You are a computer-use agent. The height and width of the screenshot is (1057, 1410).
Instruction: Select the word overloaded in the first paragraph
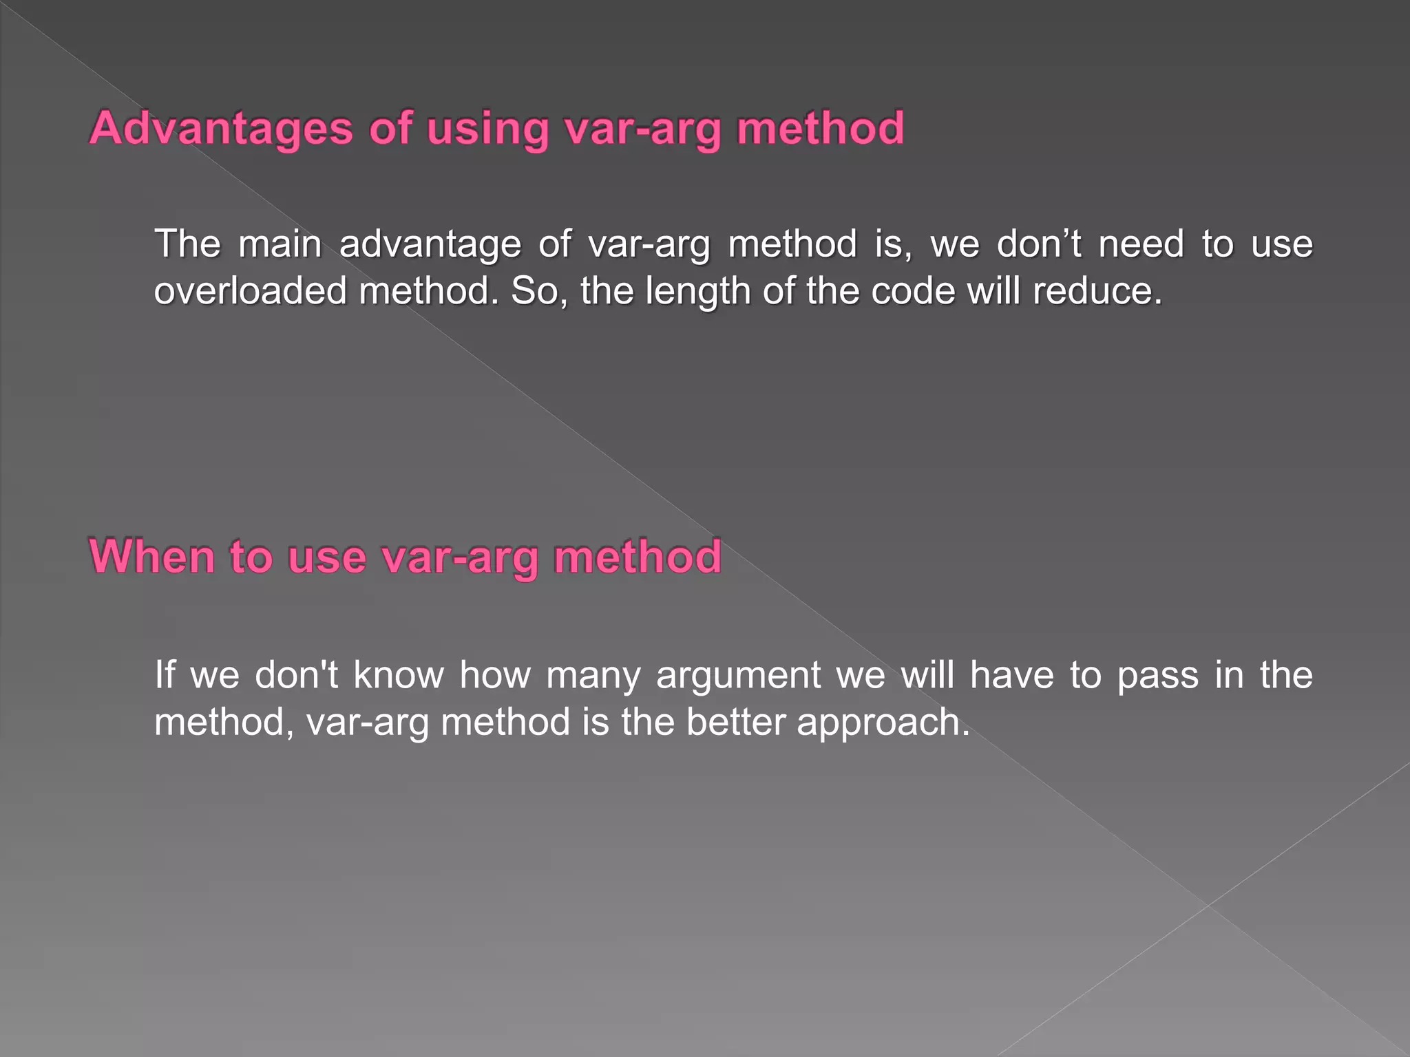click(250, 291)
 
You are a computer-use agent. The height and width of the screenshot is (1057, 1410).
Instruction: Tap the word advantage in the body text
click(430, 244)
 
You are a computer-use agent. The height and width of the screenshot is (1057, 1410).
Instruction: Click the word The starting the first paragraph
click(187, 244)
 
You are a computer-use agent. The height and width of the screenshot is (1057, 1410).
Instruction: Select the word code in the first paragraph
click(912, 291)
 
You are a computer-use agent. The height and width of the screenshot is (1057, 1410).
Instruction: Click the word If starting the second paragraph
click(165, 675)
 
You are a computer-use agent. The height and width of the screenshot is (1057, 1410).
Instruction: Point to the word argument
click(738, 675)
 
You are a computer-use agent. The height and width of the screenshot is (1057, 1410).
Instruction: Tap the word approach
click(883, 723)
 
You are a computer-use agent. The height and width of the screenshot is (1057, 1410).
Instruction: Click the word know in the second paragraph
click(399, 675)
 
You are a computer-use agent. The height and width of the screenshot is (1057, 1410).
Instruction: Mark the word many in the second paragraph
click(593, 675)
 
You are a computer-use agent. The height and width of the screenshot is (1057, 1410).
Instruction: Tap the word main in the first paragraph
click(280, 244)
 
